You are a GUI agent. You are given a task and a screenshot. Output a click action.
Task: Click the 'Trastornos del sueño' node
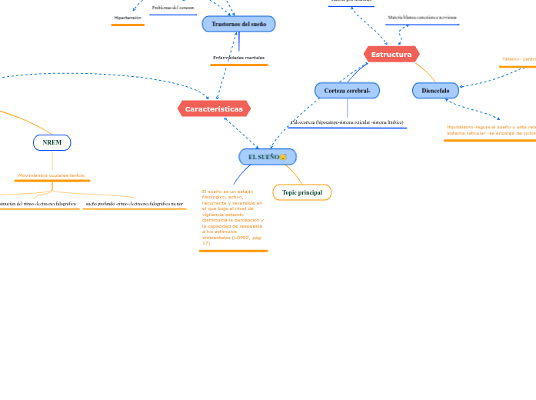[238, 24]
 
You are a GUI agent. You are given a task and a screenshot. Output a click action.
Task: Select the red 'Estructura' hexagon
[391, 55]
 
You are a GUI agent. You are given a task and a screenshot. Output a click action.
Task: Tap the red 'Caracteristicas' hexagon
[214, 109]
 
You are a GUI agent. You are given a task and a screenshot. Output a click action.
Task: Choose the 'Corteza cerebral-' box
[347, 91]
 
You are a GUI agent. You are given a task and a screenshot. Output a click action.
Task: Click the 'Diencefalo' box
[435, 91]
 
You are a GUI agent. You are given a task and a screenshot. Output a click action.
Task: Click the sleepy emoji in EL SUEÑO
[283, 157]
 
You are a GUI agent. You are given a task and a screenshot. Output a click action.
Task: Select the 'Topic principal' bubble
[302, 192]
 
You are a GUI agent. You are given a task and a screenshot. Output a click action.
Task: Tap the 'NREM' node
[52, 142]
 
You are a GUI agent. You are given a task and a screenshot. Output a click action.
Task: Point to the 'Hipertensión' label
[128, 17]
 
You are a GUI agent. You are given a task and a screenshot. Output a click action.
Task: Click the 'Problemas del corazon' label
[173, 8]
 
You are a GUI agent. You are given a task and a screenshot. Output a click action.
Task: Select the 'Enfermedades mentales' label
[238, 58]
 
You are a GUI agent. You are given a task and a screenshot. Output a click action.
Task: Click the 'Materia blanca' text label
[422, 17]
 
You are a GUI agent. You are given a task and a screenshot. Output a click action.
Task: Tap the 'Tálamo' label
[518, 58]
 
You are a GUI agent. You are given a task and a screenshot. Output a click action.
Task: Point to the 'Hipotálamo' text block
[491, 130]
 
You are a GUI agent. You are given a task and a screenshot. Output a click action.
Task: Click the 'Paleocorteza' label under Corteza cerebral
[348, 122]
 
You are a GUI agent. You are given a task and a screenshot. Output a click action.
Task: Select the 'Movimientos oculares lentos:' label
[52, 175]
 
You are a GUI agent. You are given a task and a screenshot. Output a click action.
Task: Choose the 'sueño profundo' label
[135, 204]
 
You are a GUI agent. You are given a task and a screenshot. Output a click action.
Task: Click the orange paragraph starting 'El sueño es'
[232, 217]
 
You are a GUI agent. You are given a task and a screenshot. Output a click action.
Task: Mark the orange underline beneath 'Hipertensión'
[128, 25]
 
